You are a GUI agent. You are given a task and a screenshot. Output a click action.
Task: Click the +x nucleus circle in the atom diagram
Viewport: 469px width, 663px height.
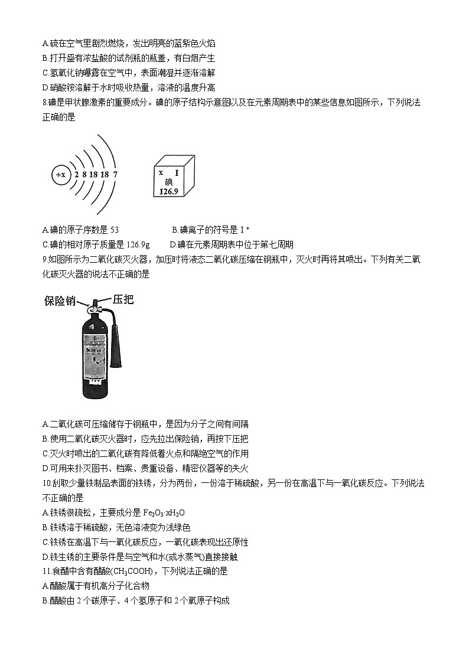tap(60, 175)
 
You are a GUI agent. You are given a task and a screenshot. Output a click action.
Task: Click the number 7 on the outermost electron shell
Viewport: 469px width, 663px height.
tap(115, 175)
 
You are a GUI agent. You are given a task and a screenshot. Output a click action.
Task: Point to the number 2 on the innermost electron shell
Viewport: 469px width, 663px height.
tap(76, 175)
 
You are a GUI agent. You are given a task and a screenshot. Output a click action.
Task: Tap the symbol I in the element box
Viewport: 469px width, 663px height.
tap(176, 172)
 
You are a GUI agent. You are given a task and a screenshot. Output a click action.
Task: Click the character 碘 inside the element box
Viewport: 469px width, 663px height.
tap(169, 182)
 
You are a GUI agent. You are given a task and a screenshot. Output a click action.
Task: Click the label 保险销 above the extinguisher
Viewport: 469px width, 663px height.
tap(60, 301)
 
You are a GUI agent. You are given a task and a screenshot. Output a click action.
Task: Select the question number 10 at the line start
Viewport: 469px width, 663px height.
tap(47, 483)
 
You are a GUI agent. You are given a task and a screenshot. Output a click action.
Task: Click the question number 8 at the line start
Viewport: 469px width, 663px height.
tap(44, 103)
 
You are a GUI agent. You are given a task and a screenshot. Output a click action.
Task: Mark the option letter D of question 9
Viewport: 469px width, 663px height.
tap(45, 468)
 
